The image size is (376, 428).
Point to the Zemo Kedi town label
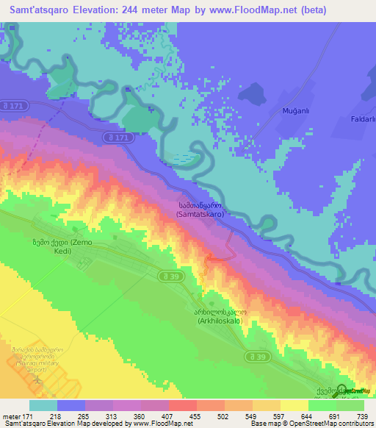point(61,246)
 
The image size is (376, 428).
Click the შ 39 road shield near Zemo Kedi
point(166,275)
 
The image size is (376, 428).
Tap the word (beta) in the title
point(342,10)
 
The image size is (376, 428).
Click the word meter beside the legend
point(11,417)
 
